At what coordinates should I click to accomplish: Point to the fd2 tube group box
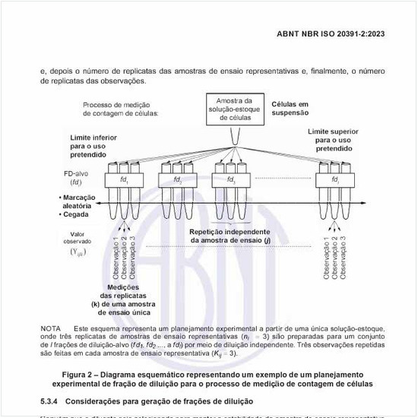(x=177, y=180)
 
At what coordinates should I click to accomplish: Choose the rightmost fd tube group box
(x=335, y=180)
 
